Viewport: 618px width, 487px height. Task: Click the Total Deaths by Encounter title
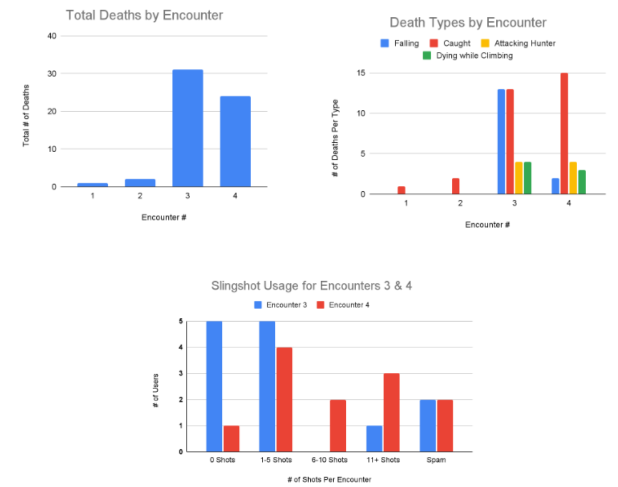144,15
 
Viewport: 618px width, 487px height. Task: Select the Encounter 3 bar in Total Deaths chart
188,128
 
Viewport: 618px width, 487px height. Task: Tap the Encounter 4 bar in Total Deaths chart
235,141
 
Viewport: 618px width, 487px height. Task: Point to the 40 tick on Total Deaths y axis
52,36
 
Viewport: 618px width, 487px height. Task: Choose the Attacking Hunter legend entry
518,43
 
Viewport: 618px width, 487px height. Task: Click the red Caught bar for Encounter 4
564,133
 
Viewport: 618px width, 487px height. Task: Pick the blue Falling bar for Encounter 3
501,141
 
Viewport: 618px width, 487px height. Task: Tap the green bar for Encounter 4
582,182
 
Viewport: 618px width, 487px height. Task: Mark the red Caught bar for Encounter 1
402,190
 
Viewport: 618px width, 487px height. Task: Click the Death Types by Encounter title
468,22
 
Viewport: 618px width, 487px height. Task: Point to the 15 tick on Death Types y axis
361,73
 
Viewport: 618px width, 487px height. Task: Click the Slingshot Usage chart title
311,285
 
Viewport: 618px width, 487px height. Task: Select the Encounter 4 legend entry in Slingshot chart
343,305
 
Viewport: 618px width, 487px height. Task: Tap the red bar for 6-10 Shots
338,425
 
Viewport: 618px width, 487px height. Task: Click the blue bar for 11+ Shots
374,438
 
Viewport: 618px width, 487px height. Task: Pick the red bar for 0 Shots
232,438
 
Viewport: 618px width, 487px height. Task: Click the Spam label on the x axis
436,460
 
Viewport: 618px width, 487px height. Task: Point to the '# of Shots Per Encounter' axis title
329,479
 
